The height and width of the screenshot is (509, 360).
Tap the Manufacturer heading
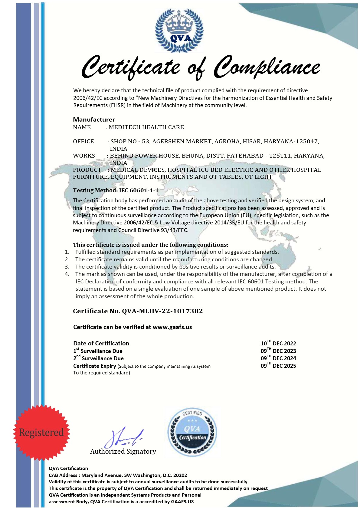(x=94, y=119)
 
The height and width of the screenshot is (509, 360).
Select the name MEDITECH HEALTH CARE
(x=146, y=127)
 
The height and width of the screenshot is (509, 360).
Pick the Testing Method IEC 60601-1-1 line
(x=116, y=191)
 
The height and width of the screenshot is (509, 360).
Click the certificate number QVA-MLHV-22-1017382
(x=162, y=311)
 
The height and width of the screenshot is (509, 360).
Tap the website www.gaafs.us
(x=172, y=327)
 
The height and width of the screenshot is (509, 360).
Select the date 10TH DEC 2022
(x=278, y=343)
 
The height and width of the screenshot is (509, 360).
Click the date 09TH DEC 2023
(x=278, y=351)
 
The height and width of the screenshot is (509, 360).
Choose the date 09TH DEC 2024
(x=278, y=358)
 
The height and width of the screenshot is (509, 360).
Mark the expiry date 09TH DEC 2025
(x=278, y=366)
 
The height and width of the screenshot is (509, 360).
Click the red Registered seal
(x=41, y=432)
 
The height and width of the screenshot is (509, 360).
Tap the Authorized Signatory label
(x=123, y=452)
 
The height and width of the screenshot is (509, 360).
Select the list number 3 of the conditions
(x=67, y=267)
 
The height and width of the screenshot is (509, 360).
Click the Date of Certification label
(x=101, y=343)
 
